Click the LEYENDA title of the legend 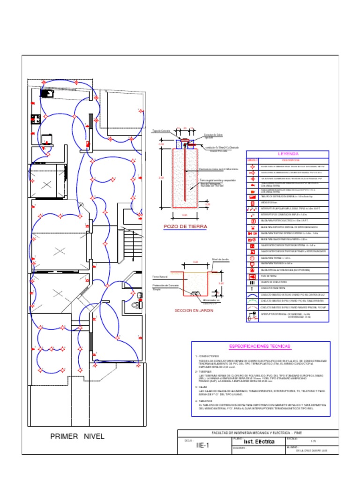pos(288,154)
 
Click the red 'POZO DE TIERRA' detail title pos(185,226)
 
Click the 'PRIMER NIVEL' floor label pos(77,436)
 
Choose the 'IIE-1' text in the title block pos(204,446)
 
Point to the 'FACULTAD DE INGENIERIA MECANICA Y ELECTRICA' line pos(255,433)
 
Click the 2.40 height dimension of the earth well pos(162,178)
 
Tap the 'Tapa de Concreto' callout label pos(161,131)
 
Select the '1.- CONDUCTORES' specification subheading pos(207,356)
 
